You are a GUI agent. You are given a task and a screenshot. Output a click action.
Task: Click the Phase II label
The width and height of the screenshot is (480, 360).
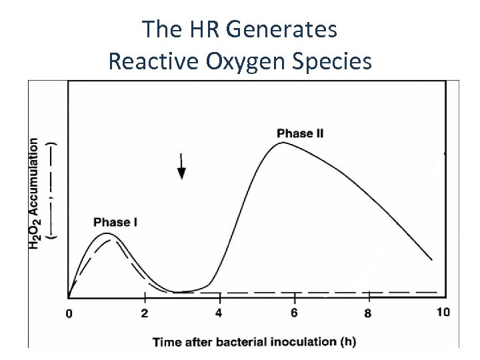pyautogui.click(x=300, y=133)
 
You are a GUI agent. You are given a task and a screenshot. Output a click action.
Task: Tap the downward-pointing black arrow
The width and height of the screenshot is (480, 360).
pyautogui.click(x=181, y=167)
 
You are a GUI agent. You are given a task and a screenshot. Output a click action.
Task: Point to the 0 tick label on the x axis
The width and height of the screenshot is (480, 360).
pyautogui.click(x=69, y=314)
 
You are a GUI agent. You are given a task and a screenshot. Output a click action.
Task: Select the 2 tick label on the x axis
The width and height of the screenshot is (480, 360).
pyautogui.click(x=145, y=313)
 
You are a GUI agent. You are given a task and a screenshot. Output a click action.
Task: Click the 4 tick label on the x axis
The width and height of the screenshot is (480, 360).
pyautogui.click(x=219, y=313)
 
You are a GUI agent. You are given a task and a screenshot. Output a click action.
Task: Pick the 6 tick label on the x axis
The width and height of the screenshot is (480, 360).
pyautogui.click(x=294, y=313)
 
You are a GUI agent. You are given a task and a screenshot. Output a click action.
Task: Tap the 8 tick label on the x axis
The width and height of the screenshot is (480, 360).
pyautogui.click(x=368, y=313)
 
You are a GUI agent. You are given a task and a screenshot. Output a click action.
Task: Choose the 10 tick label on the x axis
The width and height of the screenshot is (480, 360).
pyautogui.click(x=443, y=312)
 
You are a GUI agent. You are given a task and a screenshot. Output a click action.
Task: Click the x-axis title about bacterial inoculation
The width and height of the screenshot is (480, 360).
pyautogui.click(x=254, y=342)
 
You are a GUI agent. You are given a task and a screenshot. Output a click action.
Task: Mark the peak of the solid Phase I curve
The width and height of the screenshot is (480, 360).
pyautogui.click(x=111, y=233)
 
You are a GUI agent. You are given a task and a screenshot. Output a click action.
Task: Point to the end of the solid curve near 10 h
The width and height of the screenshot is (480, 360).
pyautogui.click(x=431, y=259)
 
